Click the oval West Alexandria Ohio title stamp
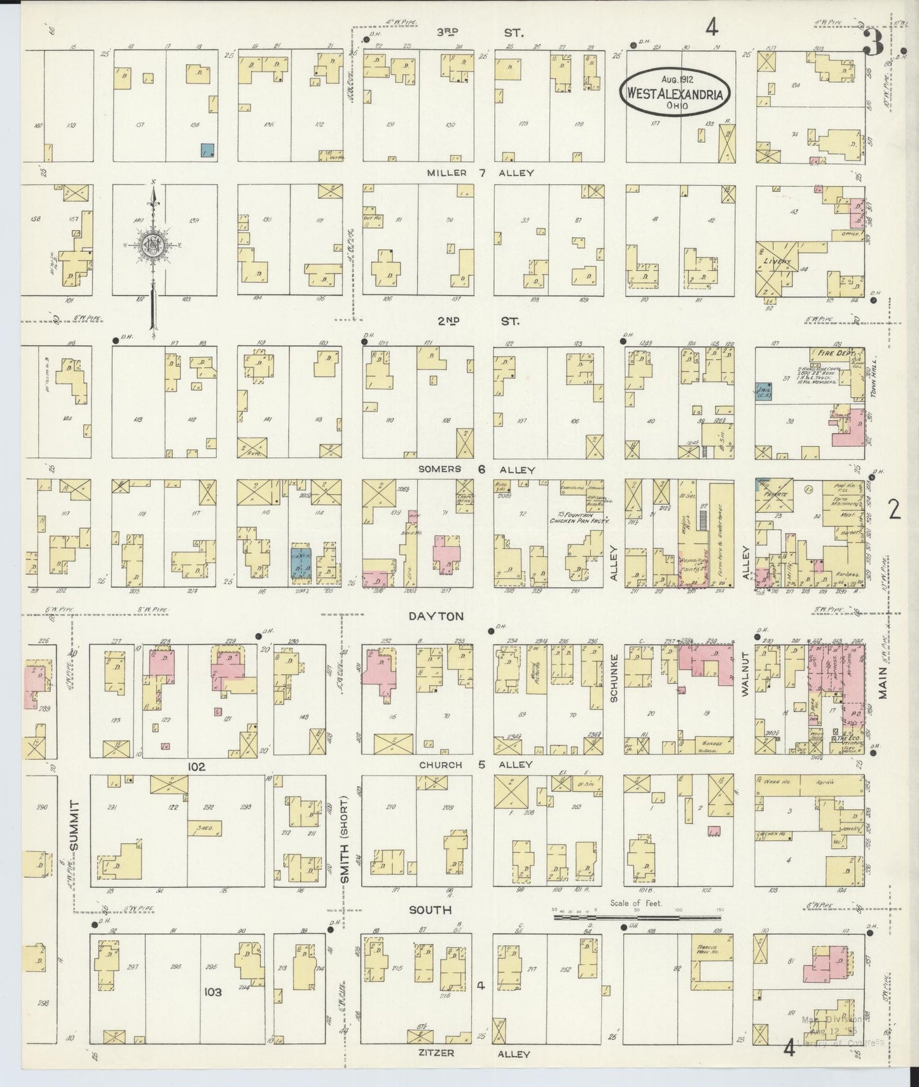(x=675, y=92)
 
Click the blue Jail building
(x=763, y=392)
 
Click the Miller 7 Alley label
(x=480, y=173)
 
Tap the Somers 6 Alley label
(x=476, y=470)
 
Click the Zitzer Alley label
(x=473, y=1053)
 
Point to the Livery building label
(x=778, y=262)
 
